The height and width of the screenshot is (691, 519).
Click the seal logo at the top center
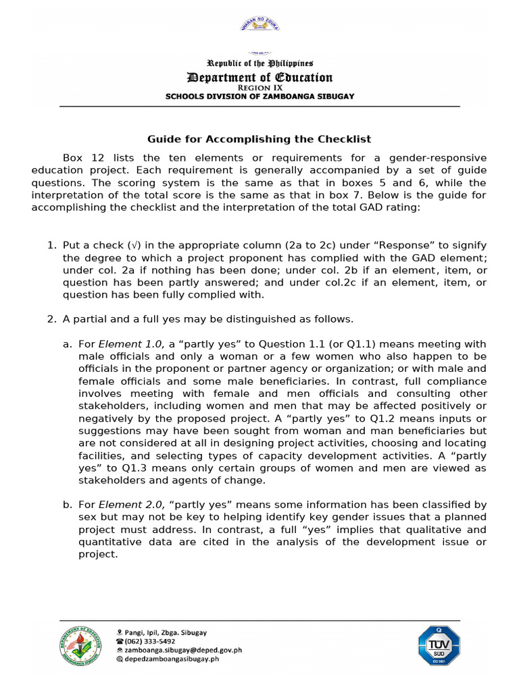coord(259,25)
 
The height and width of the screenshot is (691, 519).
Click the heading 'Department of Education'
coord(259,78)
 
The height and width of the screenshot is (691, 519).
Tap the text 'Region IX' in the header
coord(259,88)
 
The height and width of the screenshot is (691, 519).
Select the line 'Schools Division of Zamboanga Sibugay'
coord(259,96)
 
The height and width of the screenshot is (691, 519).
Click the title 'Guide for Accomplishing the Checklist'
coord(259,140)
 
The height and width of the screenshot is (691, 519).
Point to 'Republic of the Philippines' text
coord(259,63)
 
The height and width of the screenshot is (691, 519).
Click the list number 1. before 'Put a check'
coord(51,245)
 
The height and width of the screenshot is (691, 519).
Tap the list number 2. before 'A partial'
coord(51,319)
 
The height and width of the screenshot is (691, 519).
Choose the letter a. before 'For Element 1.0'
coord(67,344)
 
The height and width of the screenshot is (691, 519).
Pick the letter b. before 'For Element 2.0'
coord(67,505)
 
